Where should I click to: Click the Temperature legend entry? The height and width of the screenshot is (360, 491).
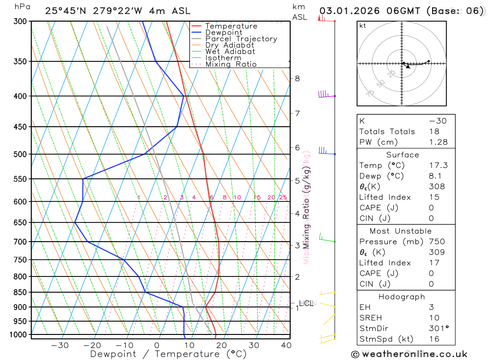[231, 26]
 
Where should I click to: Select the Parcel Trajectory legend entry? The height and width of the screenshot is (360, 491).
[241, 39]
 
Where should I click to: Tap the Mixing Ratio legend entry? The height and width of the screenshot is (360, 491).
[231, 64]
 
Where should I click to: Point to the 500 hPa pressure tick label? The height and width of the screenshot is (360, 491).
[20, 154]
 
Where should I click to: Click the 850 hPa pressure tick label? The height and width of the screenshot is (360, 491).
[20, 293]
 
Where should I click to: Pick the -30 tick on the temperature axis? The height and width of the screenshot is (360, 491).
[60, 345]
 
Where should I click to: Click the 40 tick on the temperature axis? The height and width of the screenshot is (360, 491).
[285, 345]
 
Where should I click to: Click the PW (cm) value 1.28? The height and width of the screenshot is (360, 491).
[438, 142]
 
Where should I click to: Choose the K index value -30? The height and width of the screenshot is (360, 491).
[438, 121]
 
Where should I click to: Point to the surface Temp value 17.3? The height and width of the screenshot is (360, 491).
[438, 166]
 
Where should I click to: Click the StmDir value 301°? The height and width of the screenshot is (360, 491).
[437, 329]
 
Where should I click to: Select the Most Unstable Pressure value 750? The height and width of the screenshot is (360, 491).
[437, 242]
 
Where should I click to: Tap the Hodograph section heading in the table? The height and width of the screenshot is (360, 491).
[402, 297]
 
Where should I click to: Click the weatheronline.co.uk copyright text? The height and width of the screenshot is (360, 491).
[409, 354]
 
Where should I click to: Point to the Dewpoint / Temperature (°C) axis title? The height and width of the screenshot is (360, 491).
[168, 354]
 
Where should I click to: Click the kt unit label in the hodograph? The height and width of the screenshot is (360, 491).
[362, 26]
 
